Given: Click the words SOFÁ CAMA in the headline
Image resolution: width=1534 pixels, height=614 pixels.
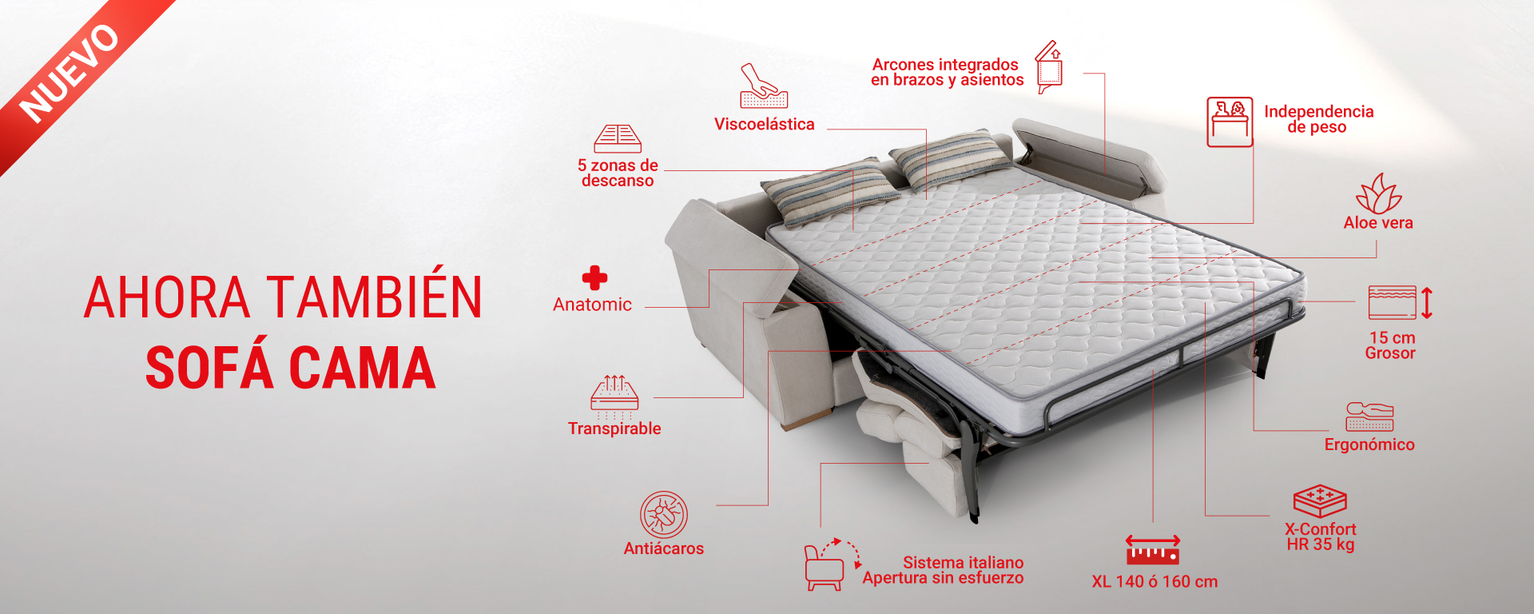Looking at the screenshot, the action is (290, 368).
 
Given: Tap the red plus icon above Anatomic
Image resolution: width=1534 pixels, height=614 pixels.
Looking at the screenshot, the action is (594, 278).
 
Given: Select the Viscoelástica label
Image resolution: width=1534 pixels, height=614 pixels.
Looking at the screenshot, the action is (765, 124).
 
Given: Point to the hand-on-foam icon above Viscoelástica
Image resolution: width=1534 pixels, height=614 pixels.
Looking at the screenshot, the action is (764, 86).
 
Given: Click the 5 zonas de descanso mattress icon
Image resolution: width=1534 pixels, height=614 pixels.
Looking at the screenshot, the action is (618, 138).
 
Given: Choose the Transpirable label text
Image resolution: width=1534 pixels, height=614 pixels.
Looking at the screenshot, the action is (614, 429).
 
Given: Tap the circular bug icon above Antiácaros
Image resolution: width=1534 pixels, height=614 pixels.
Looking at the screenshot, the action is (664, 514).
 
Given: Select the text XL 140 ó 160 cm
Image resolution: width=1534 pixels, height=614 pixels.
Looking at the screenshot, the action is (1154, 582).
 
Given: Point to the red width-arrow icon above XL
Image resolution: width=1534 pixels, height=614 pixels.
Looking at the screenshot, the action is (1153, 550).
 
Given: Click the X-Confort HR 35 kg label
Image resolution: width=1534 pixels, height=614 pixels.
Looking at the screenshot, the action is (1321, 536).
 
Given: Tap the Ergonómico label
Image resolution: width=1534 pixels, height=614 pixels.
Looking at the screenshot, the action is (1369, 445).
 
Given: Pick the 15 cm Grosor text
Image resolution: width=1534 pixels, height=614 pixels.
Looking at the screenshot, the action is (1391, 345).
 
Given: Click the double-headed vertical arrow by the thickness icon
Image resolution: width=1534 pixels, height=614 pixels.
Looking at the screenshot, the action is (1427, 303).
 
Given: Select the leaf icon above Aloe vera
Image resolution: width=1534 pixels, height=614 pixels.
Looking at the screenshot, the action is (1378, 193).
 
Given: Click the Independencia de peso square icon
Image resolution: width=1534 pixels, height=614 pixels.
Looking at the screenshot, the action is (1230, 122).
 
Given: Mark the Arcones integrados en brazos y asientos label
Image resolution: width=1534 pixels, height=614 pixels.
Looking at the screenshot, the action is (947, 72).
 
